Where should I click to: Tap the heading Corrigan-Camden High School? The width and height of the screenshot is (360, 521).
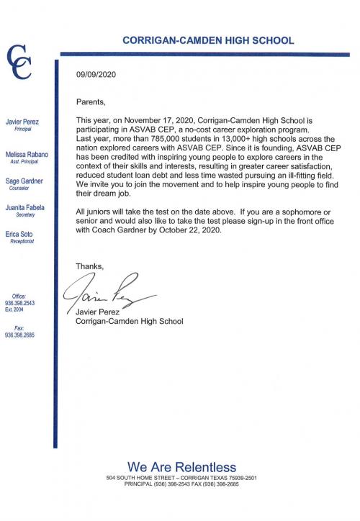point(208,41)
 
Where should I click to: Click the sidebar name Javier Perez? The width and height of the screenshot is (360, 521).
point(22,122)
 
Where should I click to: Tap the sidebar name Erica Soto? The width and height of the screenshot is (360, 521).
point(20,235)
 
